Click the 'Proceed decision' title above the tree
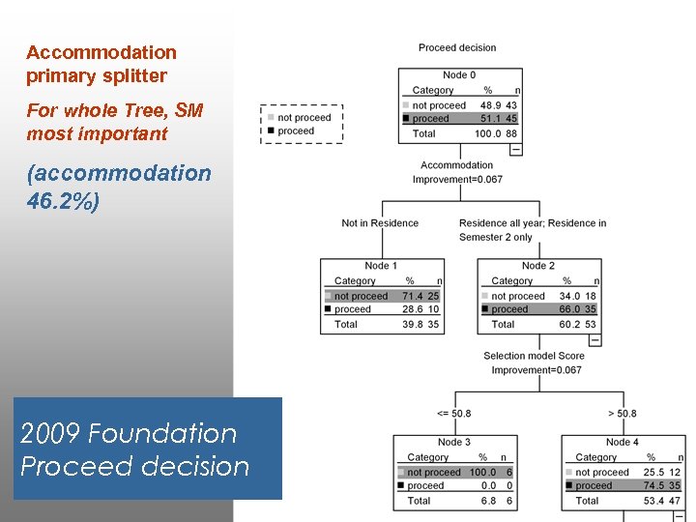(457, 47)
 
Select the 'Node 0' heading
(459, 75)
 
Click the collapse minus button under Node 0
(515, 149)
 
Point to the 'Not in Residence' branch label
(380, 223)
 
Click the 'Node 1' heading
(381, 266)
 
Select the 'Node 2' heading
(537, 266)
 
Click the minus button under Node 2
(594, 339)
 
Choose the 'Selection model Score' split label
(534, 356)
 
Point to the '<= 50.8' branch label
(454, 414)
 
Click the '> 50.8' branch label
(622, 414)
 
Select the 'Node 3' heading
(453, 442)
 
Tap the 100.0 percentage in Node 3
(483, 473)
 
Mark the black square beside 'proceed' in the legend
(272, 130)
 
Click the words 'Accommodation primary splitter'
(101, 64)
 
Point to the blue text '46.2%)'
(63, 203)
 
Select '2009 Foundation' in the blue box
(129, 433)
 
